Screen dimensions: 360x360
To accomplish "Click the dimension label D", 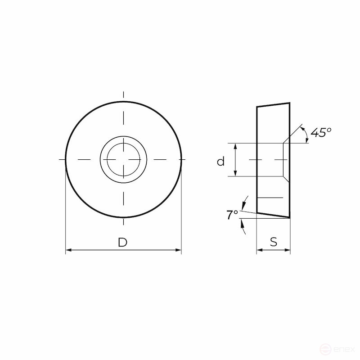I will tap(122, 243).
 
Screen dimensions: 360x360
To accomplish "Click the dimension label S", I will tap(274, 242).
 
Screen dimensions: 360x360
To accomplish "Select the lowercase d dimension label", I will tap(220, 161).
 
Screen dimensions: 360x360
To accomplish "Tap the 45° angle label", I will tap(321, 132).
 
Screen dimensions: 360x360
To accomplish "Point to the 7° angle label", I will tap(232, 215).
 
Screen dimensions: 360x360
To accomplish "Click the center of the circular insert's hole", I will tap(123, 160).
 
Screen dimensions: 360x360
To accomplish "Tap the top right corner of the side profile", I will tap(289, 103).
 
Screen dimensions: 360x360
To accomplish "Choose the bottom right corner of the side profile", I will tap(289, 218).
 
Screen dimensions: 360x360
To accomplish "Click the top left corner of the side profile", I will tap(257, 107).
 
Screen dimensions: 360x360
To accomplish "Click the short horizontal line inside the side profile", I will tap(270, 198).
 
